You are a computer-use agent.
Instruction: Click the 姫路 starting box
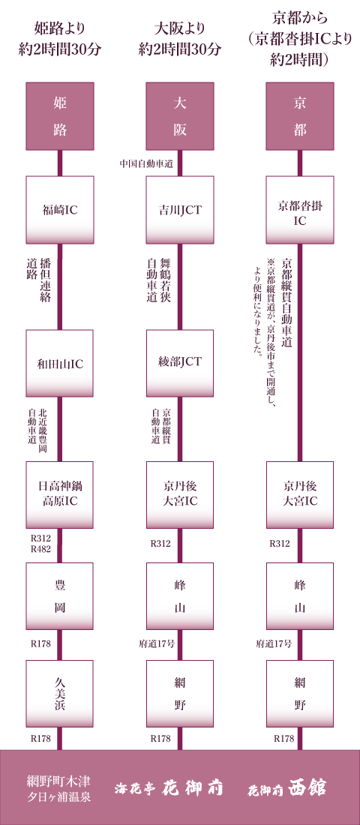point(60,116)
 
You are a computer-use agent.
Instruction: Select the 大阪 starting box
point(180,116)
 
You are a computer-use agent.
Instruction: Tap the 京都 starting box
point(300,116)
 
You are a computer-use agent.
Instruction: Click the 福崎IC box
point(60,210)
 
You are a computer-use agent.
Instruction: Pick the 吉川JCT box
point(180,210)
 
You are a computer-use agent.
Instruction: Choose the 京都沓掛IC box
point(300,210)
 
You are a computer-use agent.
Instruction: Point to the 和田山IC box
point(60,363)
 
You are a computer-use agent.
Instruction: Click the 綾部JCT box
point(180,363)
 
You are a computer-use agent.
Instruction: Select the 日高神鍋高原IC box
point(60,494)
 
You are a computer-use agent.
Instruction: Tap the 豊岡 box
point(60,596)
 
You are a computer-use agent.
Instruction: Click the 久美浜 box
point(60,694)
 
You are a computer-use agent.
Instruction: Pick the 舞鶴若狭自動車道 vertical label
point(158,280)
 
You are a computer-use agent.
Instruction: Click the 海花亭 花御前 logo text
point(169,787)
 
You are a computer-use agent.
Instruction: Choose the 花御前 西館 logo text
point(287,787)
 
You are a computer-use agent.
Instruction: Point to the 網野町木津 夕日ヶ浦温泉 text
point(58,787)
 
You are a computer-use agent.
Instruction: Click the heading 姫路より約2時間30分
point(60,40)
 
